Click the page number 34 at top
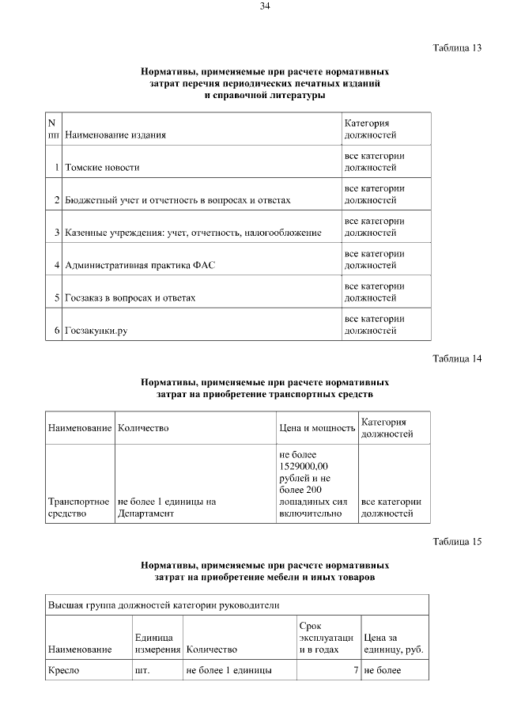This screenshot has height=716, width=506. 265,7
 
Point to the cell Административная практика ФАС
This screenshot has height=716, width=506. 139,265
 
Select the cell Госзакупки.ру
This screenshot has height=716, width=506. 96,330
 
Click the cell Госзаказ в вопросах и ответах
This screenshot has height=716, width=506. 130,297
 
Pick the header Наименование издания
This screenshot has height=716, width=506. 115,135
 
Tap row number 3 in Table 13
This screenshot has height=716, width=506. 58,233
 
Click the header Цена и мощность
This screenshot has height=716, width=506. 317,428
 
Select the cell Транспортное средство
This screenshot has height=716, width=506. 78,507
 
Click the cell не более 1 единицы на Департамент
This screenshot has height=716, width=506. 166,507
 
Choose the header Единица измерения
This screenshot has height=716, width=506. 157,643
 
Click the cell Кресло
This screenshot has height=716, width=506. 64,671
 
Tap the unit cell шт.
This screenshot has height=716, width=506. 142,671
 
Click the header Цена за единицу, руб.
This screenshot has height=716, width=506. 393,643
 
